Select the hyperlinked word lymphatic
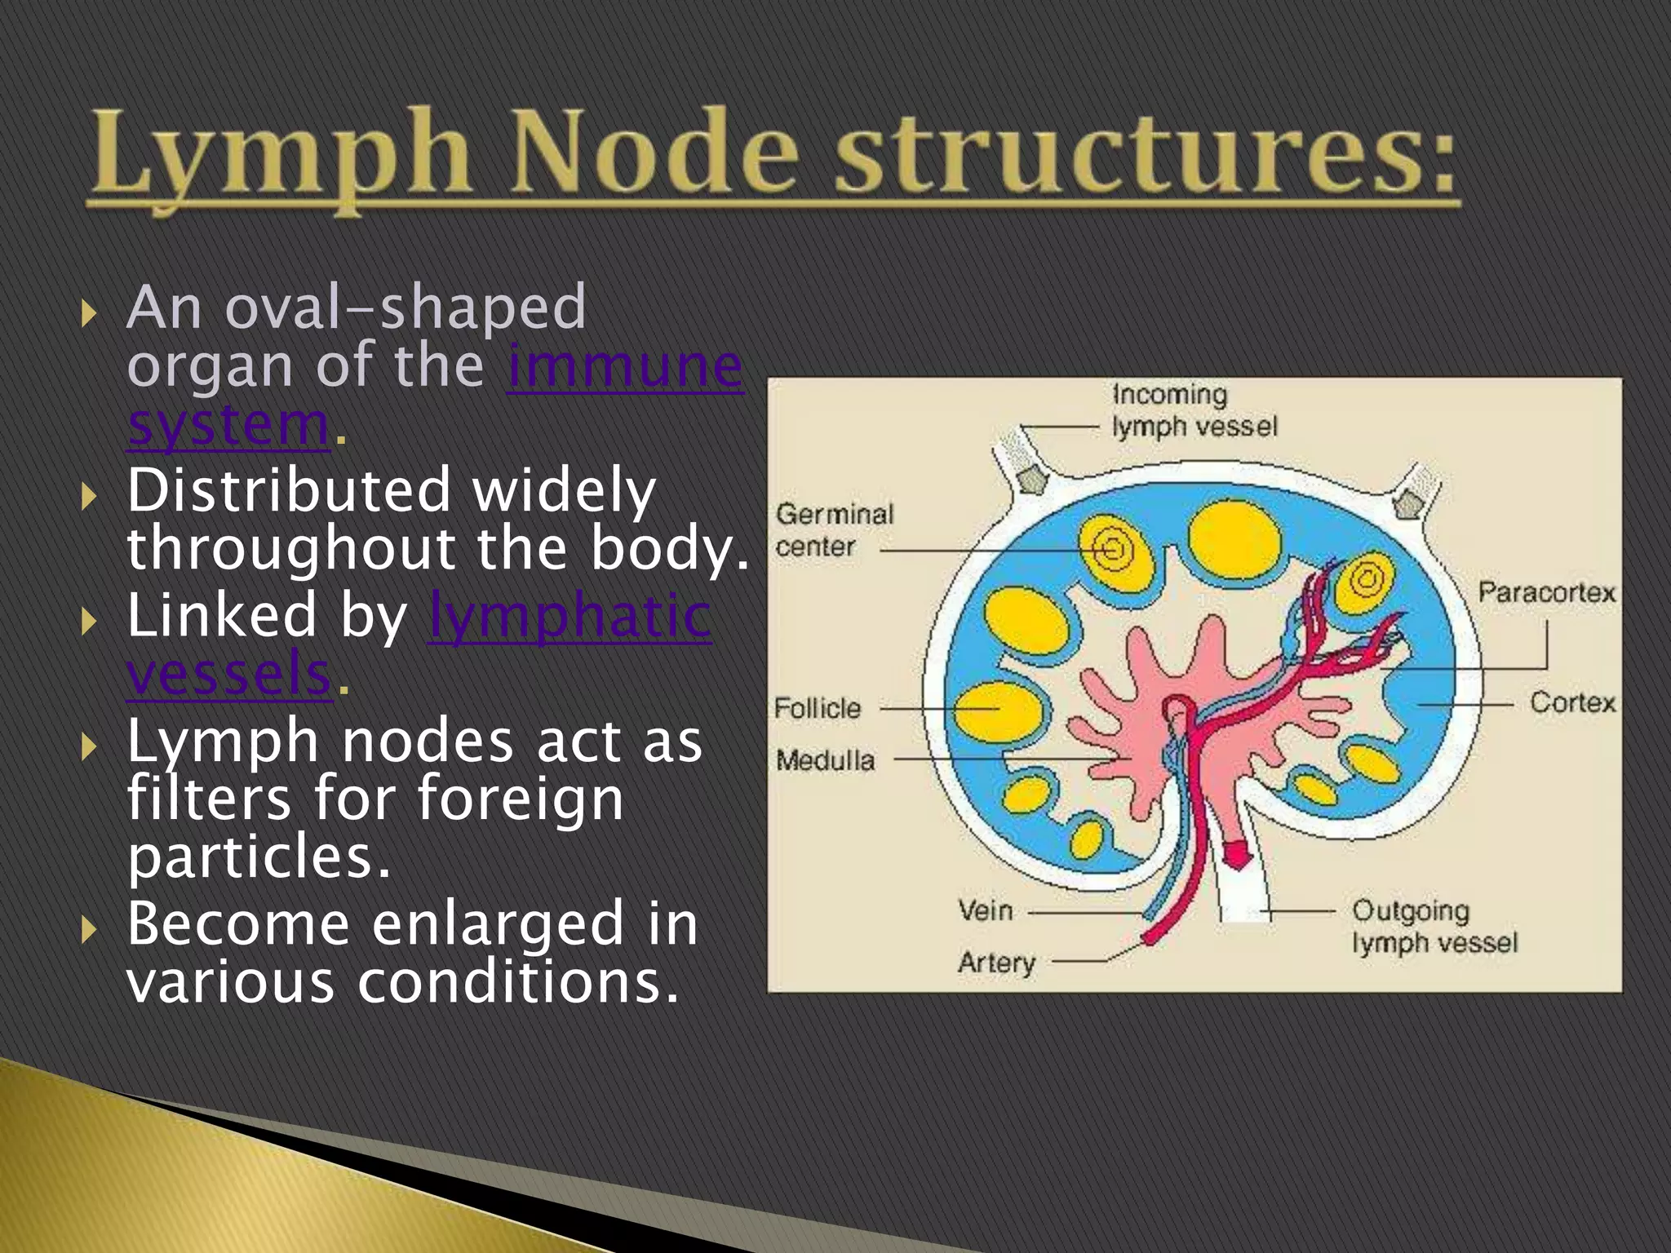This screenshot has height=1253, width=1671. pos(570,615)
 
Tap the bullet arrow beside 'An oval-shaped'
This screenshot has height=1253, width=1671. pos(90,312)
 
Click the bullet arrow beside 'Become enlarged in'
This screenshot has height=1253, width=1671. pos(90,928)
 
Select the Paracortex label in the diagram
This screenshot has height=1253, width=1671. pos(1546,592)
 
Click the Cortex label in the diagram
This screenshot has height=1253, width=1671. pos(1572,702)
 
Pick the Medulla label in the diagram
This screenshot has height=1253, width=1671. pos(825,760)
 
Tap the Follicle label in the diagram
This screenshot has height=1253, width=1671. pos(818,708)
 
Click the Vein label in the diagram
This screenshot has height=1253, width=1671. pos(986,910)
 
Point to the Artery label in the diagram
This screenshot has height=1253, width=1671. pos(996,963)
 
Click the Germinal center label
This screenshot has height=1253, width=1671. pos(834,530)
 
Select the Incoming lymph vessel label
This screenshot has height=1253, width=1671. pos(1194,410)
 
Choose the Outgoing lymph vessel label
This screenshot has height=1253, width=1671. pos(1434,927)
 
